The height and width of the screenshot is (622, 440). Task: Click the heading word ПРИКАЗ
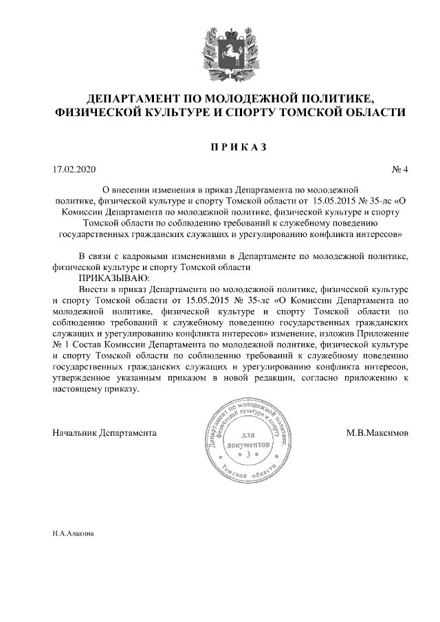point(220,146)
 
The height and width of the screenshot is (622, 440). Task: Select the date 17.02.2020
point(75,169)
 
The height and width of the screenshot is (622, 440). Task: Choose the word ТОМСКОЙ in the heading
point(318,113)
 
